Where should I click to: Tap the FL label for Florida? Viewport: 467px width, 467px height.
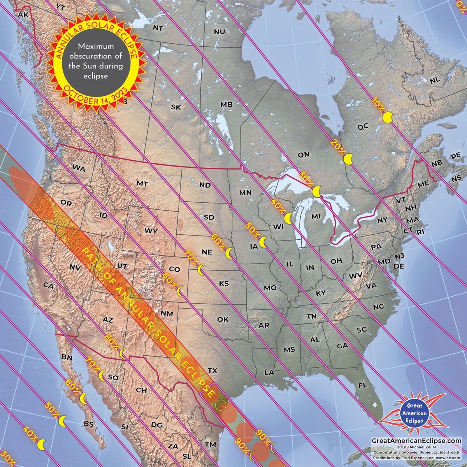tap(363, 386)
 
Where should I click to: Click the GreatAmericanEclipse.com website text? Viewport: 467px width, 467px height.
tap(416, 441)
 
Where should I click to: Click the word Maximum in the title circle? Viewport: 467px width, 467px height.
tap(95, 46)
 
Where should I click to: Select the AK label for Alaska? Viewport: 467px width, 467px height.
tap(23, 14)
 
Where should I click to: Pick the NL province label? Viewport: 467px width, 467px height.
tap(435, 80)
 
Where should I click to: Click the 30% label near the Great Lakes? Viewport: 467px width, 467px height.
tap(307, 178)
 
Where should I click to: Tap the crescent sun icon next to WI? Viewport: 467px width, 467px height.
tap(288, 218)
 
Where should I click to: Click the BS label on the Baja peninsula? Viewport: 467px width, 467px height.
tap(89, 424)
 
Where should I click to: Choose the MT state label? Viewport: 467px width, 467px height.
tap(142, 183)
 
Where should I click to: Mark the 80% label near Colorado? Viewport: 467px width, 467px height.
tap(170, 281)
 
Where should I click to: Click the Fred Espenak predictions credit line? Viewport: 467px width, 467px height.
tap(416, 458)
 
